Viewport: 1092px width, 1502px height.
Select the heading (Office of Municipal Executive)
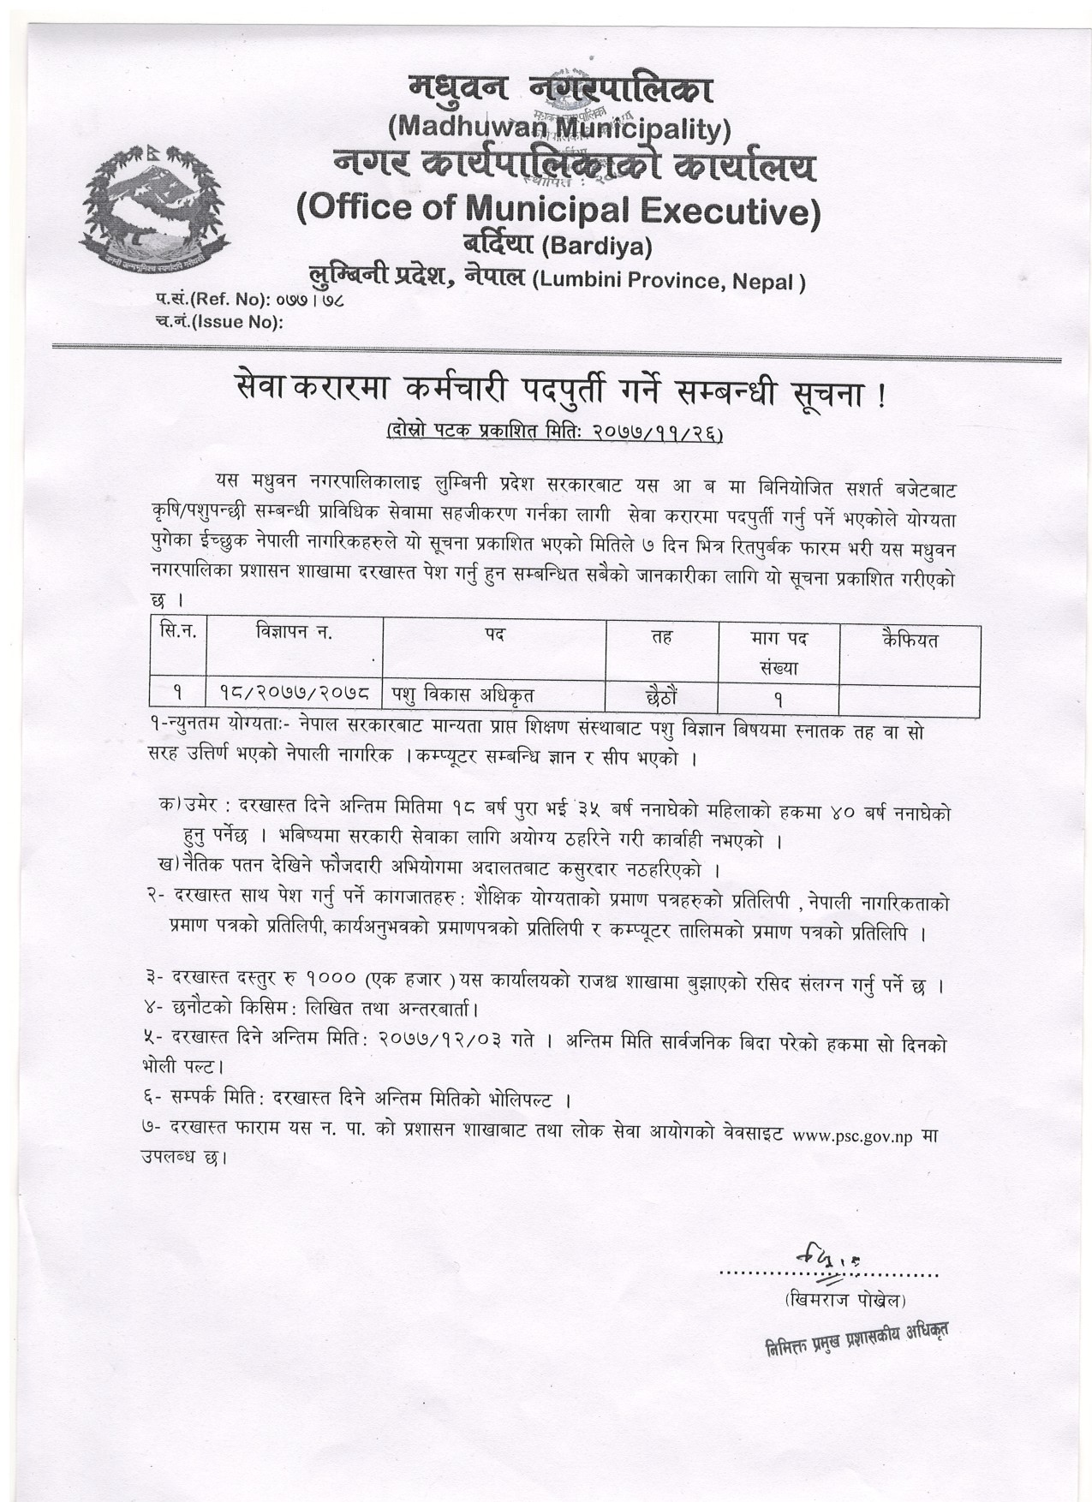click(x=558, y=210)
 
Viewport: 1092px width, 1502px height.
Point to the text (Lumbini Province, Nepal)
click(x=668, y=282)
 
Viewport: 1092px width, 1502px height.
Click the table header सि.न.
click(x=178, y=634)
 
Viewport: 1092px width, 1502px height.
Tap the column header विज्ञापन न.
click(x=294, y=635)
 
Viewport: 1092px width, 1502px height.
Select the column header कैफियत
click(x=909, y=640)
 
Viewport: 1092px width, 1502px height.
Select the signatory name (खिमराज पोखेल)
click(x=844, y=1300)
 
